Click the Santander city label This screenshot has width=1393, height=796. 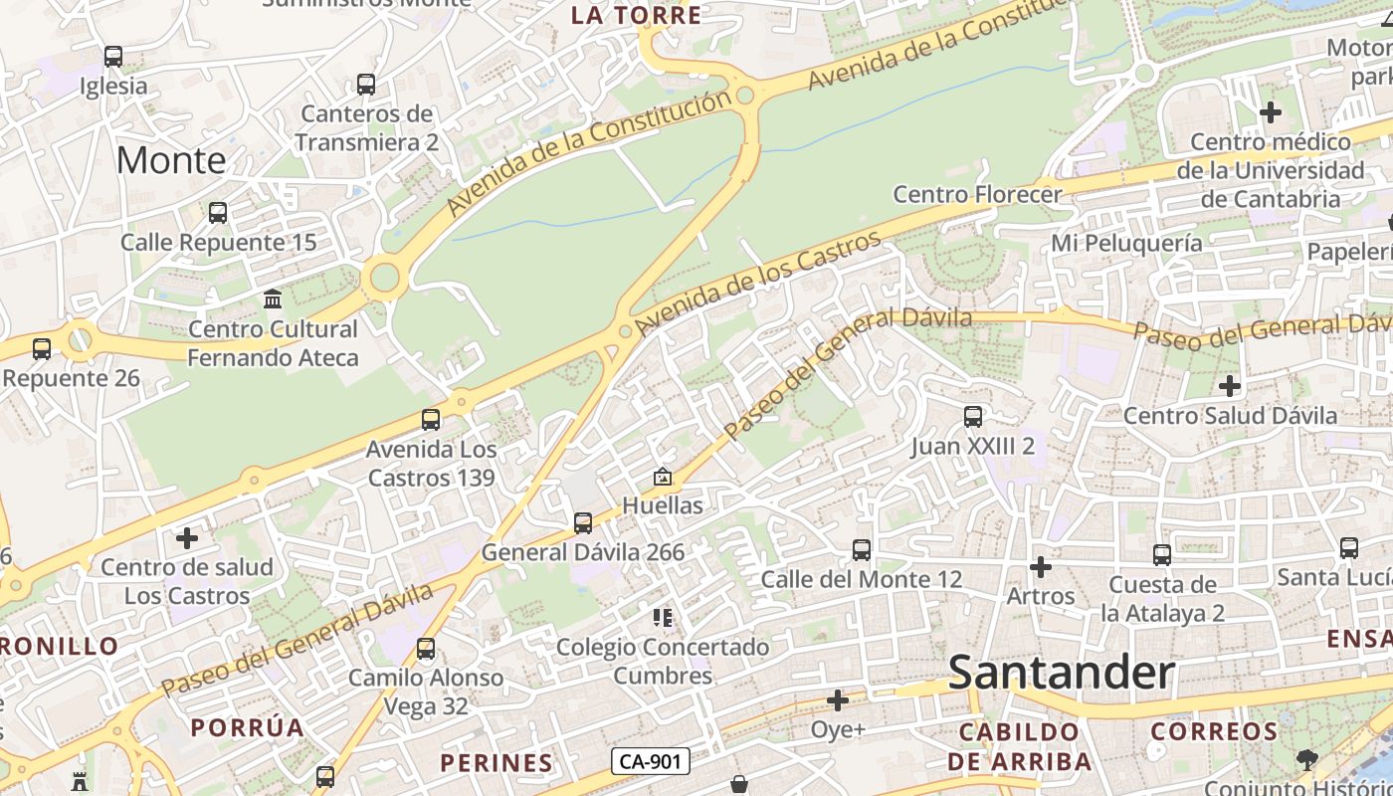point(1062,674)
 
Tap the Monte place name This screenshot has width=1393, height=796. point(171,160)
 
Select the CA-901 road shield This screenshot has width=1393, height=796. point(651,761)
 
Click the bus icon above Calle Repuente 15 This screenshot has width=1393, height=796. point(217,213)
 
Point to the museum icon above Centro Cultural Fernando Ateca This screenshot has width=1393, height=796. point(273,298)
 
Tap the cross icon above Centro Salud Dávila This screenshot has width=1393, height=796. point(1230,385)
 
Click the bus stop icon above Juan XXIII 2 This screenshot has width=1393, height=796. point(972,417)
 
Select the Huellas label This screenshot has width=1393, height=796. point(663,505)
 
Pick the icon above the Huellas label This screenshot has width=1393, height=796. point(663,478)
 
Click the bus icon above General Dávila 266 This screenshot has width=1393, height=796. point(583,522)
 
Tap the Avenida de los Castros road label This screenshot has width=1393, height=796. point(758,285)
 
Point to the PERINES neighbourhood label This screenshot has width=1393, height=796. point(497,763)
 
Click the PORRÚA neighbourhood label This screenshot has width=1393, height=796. point(248,727)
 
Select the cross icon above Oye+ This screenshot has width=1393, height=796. point(838,700)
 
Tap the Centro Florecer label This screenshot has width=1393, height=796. point(977,194)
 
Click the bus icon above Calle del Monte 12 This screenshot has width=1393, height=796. point(862,549)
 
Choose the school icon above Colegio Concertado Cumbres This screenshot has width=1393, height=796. point(663,618)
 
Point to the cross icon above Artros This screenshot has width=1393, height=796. point(1041,567)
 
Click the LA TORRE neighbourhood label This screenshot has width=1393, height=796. point(637,15)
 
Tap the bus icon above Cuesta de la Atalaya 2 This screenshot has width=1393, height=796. point(1162,555)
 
